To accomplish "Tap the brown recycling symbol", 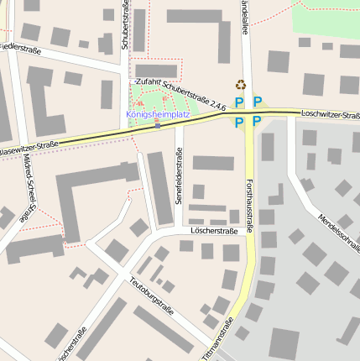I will [241, 84].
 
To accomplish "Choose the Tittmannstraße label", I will [220, 336].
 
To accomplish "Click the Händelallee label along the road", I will [244, 17].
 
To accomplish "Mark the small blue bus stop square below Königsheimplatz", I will [157, 123].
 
